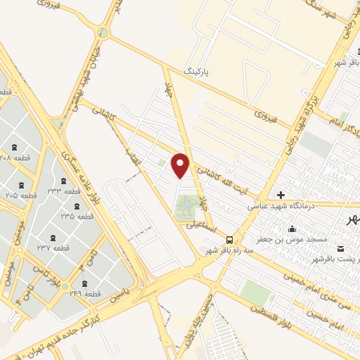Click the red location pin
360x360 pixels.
(181, 165)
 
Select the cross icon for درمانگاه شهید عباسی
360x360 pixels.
(281, 195)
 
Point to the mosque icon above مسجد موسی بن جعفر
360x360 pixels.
(292, 229)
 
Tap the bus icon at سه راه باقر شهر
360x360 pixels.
(230, 239)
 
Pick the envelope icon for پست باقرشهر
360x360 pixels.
(341, 249)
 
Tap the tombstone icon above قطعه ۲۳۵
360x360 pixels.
(77, 206)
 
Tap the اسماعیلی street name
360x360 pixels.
(201, 225)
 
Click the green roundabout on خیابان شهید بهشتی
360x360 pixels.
(103, 32)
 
